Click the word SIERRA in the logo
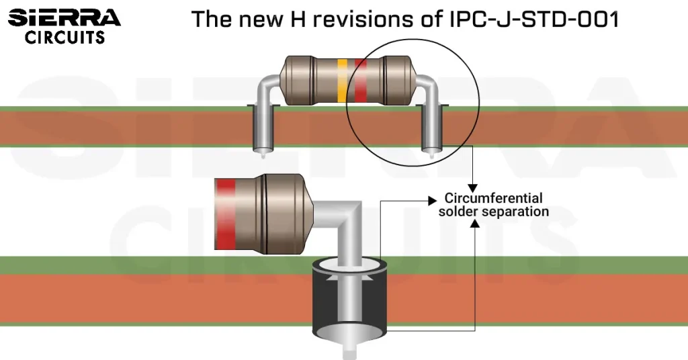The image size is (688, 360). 64,17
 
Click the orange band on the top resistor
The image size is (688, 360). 343,80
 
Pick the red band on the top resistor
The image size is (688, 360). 361,80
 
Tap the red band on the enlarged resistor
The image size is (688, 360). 226,214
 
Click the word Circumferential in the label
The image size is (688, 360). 494,199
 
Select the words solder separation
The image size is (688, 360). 494,212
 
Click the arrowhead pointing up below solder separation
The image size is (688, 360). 475,222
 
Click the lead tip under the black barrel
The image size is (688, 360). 349,350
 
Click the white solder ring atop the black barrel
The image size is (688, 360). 348,267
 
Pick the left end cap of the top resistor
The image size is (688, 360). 295,80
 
